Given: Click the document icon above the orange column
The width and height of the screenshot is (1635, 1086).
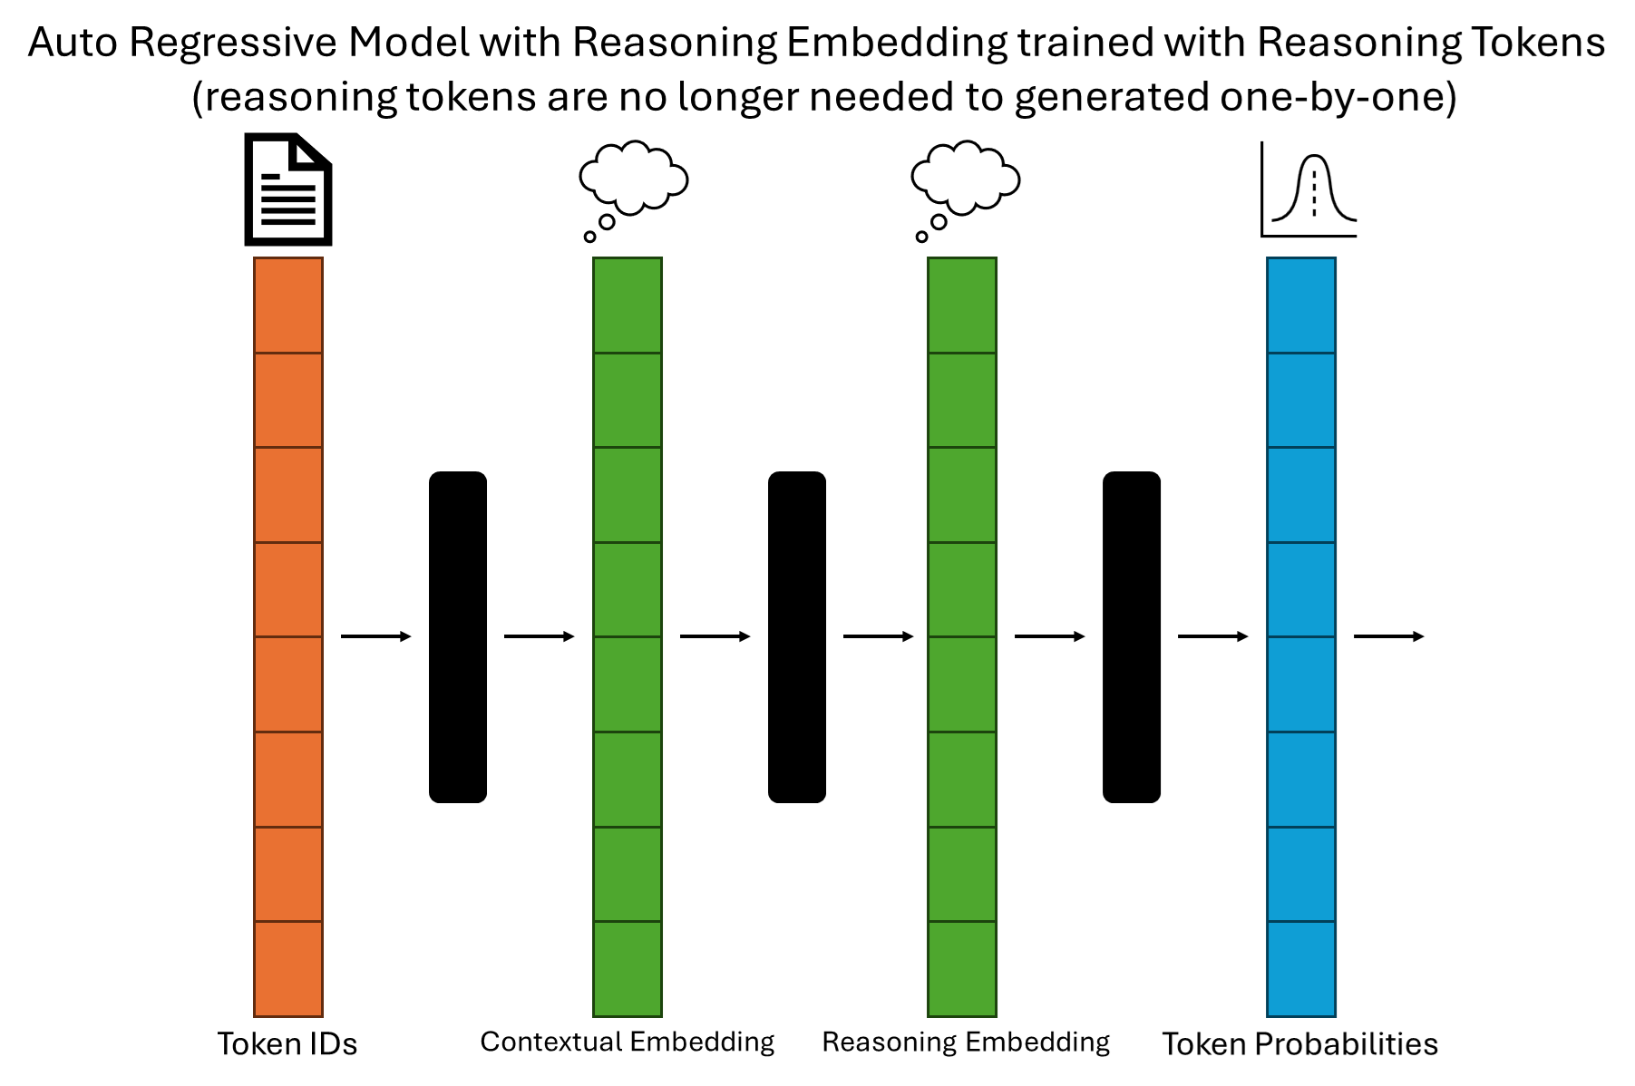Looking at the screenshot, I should click(x=288, y=189).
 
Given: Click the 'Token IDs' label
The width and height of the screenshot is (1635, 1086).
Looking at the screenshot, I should click(x=287, y=1043).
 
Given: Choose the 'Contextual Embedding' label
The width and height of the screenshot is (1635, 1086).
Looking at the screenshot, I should click(x=627, y=1042).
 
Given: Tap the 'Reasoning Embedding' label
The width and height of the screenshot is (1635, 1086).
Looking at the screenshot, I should click(x=965, y=1042).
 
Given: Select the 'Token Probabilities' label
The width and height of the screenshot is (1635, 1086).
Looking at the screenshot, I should click(x=1299, y=1043).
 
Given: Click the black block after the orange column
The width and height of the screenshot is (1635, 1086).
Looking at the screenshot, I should click(x=458, y=636).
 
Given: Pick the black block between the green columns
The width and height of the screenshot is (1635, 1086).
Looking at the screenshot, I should click(x=797, y=636).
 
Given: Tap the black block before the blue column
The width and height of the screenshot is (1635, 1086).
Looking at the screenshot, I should click(x=1131, y=636).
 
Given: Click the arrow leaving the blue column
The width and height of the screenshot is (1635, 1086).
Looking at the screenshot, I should click(x=1388, y=636).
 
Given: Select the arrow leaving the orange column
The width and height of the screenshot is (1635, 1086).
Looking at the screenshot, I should click(x=375, y=636).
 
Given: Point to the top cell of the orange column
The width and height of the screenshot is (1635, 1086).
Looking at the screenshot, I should click(x=288, y=305).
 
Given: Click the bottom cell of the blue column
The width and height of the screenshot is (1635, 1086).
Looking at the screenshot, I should click(x=1301, y=968).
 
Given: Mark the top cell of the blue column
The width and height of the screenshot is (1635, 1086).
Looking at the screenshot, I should click(x=1301, y=305).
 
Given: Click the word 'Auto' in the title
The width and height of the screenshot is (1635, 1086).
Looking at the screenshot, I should click(x=72, y=43).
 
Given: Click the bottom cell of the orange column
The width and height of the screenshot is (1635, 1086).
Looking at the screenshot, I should click(x=288, y=968).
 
